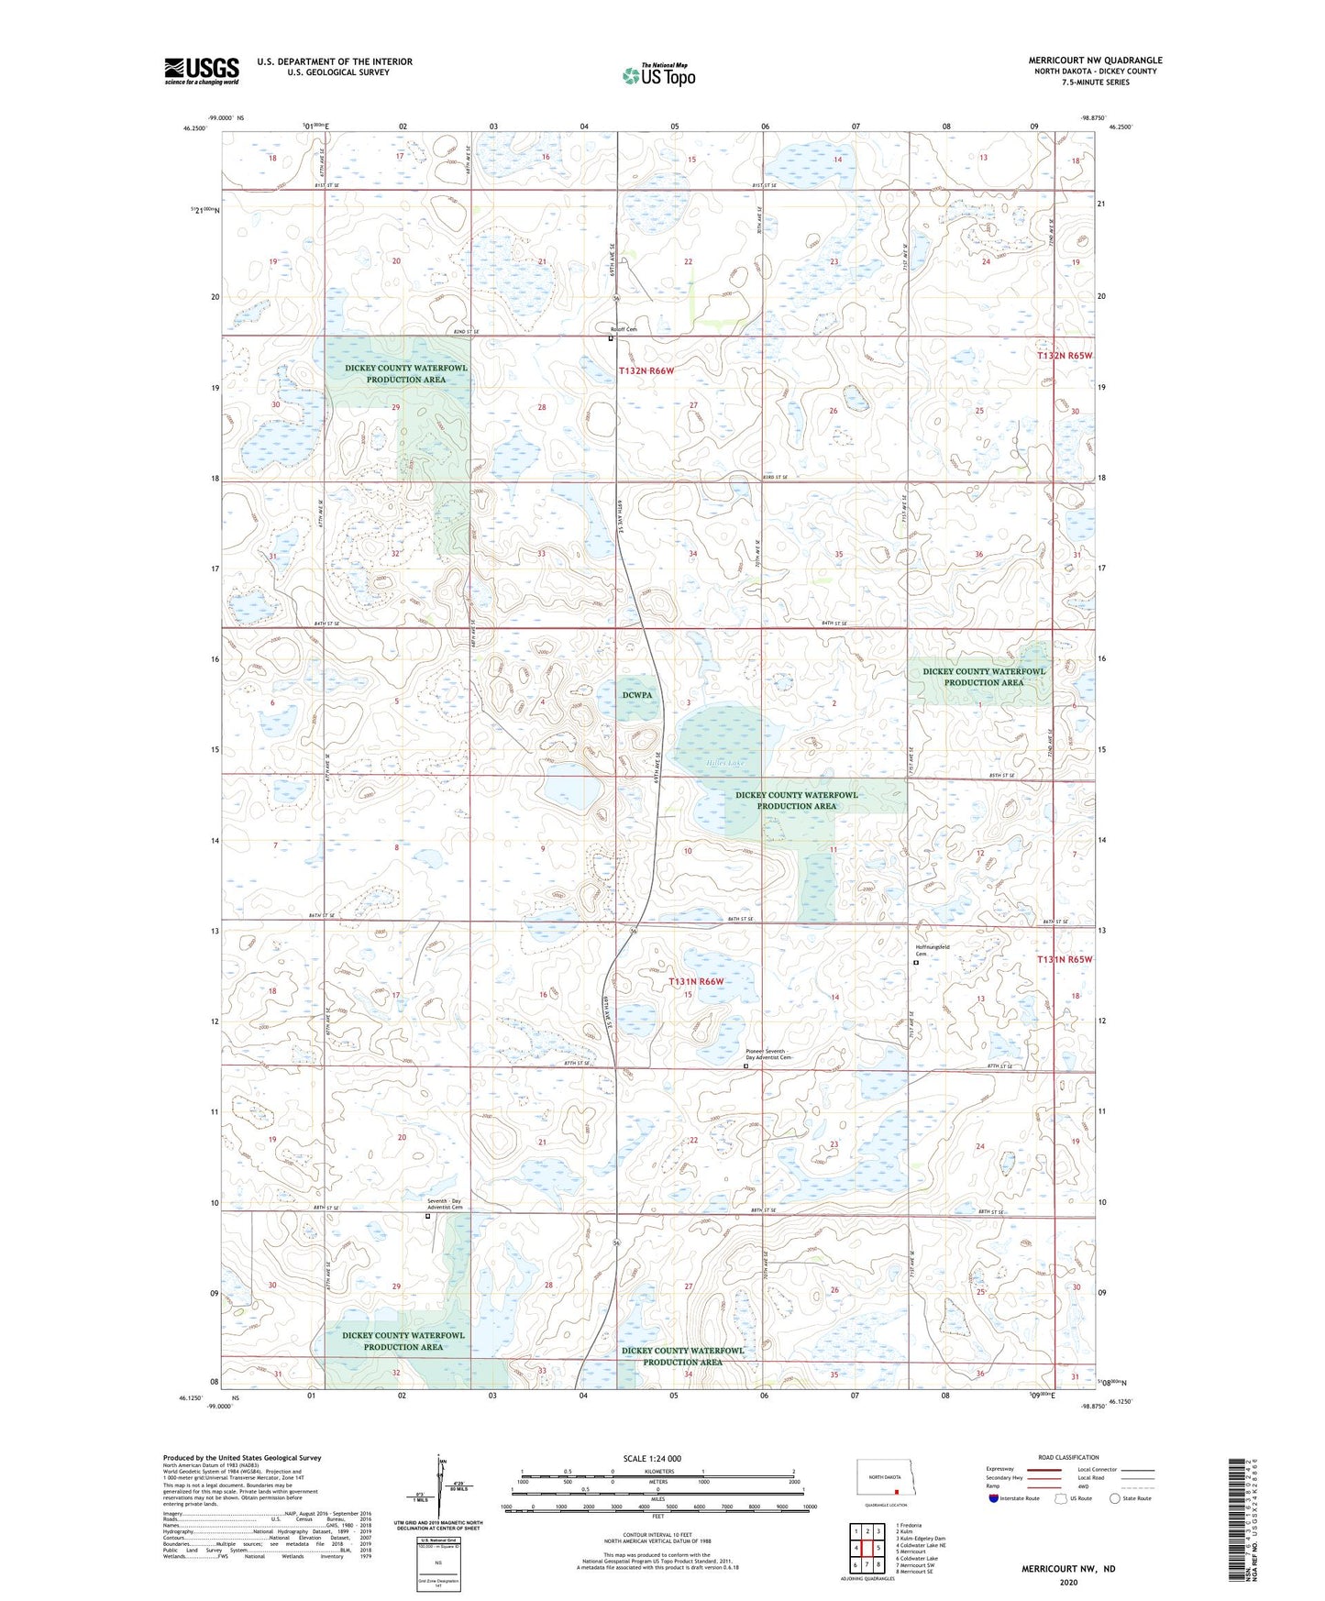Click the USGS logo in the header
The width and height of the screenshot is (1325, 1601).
[x=201, y=71]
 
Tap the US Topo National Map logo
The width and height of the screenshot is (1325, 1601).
[x=657, y=74]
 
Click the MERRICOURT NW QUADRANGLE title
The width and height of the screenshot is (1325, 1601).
[x=1095, y=61]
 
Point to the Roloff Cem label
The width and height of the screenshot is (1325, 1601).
[x=624, y=329]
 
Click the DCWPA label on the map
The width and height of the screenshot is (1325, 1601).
[x=637, y=695]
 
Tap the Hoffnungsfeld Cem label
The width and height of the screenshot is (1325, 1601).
[x=933, y=950]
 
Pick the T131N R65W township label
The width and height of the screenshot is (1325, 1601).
[x=1065, y=959]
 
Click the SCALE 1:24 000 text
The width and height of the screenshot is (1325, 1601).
[x=652, y=1458]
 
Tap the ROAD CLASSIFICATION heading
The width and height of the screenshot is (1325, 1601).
[x=1068, y=1457]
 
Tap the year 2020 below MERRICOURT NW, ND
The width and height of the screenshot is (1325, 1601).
[x=1067, y=1582]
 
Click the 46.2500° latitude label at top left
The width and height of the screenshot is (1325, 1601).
[x=193, y=128]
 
